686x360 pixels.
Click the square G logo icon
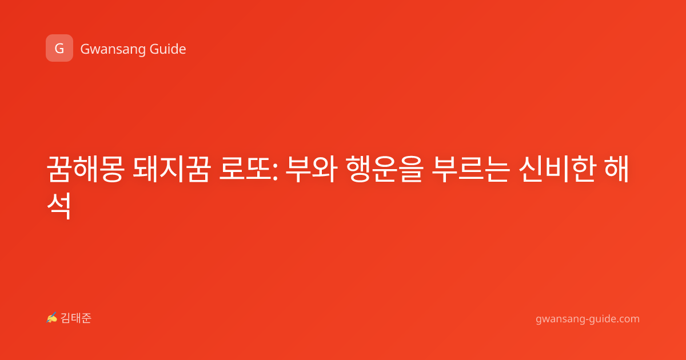click(x=59, y=48)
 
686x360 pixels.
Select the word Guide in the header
click(x=168, y=49)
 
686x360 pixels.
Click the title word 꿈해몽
click(x=85, y=169)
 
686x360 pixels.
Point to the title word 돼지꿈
click(x=172, y=169)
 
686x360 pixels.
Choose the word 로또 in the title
click(x=246, y=169)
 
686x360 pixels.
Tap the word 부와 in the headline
click(x=311, y=169)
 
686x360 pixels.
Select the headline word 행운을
click(x=385, y=169)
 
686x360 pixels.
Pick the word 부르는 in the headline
click(x=470, y=169)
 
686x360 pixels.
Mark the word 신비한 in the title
click(x=557, y=169)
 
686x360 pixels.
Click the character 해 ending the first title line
click(x=616, y=169)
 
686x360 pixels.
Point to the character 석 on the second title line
click(x=59, y=206)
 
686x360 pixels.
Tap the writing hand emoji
click(x=51, y=318)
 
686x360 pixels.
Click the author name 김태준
click(x=75, y=318)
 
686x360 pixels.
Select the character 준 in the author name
click(x=86, y=318)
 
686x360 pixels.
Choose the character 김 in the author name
click(x=66, y=318)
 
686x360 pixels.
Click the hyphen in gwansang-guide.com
click(x=587, y=319)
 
